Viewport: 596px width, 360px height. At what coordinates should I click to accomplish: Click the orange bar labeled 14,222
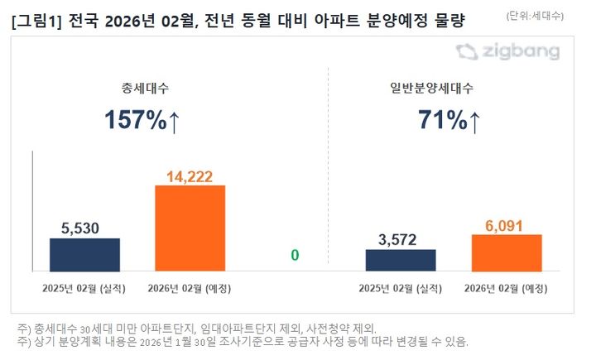click(190, 228)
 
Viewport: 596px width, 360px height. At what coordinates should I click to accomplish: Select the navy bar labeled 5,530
click(84, 254)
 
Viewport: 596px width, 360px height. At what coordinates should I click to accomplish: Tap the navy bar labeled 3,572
click(400, 260)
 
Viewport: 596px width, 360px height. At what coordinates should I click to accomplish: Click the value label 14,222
click(190, 175)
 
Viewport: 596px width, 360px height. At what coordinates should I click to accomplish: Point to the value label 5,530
click(84, 228)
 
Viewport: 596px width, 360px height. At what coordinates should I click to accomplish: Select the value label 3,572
click(400, 239)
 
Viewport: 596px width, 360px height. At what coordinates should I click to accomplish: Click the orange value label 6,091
click(506, 224)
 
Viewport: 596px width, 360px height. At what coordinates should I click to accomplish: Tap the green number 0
click(294, 256)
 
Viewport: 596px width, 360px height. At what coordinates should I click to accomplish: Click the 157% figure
click(135, 120)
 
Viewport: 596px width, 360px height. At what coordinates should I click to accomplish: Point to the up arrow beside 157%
click(174, 122)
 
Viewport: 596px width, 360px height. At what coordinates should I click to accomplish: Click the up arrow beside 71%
click(474, 122)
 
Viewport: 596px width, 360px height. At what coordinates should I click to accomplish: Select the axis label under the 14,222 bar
click(190, 288)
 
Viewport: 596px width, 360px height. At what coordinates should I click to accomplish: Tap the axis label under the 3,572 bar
click(400, 288)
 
